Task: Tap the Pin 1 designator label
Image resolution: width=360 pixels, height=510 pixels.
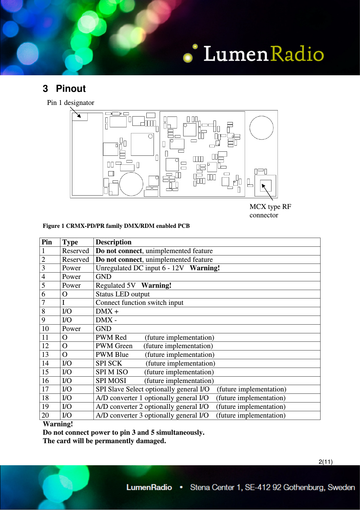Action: click(x=71, y=103)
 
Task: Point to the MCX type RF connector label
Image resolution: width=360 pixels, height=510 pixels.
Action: click(x=270, y=211)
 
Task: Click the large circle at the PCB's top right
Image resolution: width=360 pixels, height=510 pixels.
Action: click(x=261, y=128)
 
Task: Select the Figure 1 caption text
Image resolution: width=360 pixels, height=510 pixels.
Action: click(x=116, y=226)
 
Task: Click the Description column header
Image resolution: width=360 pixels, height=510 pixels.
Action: click(x=114, y=242)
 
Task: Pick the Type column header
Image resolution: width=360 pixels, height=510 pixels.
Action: click(x=70, y=242)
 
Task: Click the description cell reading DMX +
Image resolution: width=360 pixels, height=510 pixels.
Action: click(x=107, y=311)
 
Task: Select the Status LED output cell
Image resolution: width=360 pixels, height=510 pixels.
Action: click(x=123, y=294)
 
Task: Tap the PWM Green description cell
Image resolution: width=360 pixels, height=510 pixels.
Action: click(x=154, y=346)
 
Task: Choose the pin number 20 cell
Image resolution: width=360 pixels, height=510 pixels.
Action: click(x=45, y=415)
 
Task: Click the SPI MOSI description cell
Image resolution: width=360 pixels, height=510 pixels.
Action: click(x=154, y=381)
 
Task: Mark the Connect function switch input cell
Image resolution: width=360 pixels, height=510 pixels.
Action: click(x=139, y=303)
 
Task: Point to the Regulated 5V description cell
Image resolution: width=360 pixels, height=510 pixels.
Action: click(x=134, y=285)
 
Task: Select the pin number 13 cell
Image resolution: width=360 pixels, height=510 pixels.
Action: click(x=45, y=355)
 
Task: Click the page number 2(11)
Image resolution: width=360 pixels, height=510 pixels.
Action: click(x=325, y=462)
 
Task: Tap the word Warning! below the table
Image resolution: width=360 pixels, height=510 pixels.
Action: click(x=58, y=424)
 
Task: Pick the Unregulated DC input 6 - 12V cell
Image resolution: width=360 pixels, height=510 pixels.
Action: click(x=158, y=268)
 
